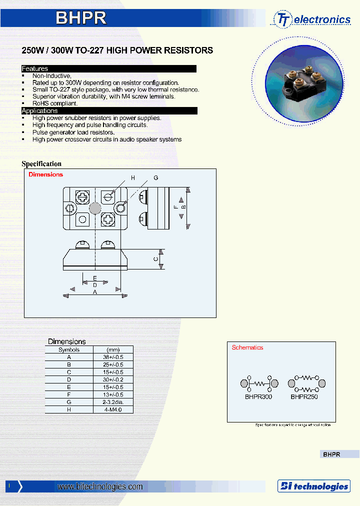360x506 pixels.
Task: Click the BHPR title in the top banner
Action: tap(80, 18)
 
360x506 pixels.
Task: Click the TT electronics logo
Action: tap(312, 19)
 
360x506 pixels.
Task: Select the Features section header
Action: tap(35, 68)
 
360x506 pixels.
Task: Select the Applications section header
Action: tap(39, 110)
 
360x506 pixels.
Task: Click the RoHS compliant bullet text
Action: tap(55, 103)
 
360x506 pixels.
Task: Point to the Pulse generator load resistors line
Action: tap(73, 132)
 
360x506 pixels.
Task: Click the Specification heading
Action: tap(41, 163)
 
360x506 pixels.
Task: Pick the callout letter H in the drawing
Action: tap(133, 178)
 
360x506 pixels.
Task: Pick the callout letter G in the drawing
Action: tap(156, 178)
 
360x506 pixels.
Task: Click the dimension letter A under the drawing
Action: tap(95, 292)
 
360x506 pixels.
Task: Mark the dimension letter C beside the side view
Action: tap(156, 259)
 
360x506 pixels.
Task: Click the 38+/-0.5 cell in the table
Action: tap(113, 357)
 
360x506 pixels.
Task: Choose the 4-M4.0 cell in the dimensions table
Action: tap(113, 409)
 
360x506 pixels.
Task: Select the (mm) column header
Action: tap(113, 350)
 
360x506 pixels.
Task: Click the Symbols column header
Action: tap(69, 350)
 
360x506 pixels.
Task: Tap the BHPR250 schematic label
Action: tap(304, 396)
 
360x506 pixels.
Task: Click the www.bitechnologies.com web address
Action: tap(100, 486)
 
